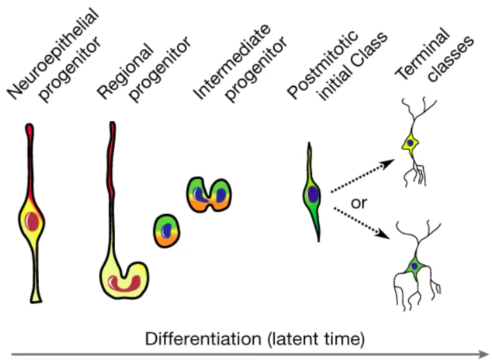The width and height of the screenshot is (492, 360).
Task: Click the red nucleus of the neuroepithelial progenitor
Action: pos(33,222)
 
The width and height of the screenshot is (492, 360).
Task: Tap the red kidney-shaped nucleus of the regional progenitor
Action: pos(128,282)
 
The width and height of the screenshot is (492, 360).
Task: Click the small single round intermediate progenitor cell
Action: pos(166,229)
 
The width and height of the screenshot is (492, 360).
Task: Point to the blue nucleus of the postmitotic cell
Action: pos(313,195)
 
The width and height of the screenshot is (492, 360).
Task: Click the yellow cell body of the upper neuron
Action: pos(411,143)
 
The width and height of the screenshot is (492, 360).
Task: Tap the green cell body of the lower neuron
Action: pos(414,267)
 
